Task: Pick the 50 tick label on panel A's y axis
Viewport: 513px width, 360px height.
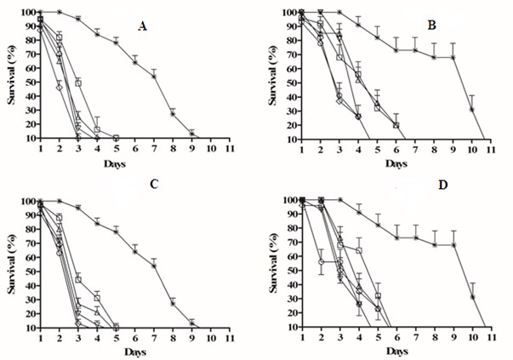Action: point(27,83)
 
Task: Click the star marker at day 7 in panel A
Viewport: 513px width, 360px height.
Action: point(154,76)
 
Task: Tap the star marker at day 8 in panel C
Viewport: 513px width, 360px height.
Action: point(173,302)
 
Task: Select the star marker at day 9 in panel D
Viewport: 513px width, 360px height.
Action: point(453,245)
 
